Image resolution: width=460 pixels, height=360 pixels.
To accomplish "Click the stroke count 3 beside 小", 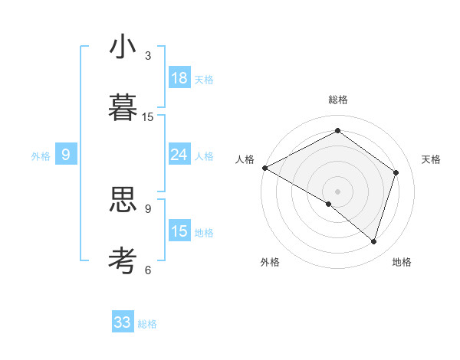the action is point(148,56).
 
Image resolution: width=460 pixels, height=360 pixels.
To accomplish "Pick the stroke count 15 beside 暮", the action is point(148,116).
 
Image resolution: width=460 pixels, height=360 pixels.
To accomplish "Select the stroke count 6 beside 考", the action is point(148,269).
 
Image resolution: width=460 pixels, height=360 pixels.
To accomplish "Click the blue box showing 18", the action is point(179,78).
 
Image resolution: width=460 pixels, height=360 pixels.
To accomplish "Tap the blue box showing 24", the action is point(179,155).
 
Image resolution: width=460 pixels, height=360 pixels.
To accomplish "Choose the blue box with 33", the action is point(123,322).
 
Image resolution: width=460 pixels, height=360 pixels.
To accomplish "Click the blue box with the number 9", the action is point(66,155).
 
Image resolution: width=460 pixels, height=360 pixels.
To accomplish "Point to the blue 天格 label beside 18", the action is point(204,80).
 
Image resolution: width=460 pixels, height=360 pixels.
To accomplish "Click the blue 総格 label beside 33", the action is point(147,324).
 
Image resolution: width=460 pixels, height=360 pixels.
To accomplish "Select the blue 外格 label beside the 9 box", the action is point(41,156).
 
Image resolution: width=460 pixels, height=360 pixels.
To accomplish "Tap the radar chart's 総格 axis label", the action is point(338,100).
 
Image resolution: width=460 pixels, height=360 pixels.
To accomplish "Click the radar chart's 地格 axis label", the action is point(402,263).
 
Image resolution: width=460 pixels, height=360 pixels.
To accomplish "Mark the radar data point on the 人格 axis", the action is point(264,168).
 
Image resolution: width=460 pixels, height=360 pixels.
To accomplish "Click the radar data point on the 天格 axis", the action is point(396,172).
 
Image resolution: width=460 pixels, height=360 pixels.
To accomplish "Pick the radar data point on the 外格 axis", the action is point(329,204).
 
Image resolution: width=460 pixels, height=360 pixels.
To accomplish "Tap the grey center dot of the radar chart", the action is point(338,191).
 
